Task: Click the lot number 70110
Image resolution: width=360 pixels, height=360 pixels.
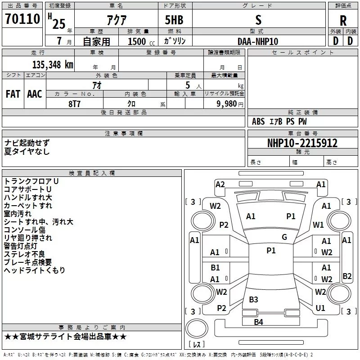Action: (x=22, y=19)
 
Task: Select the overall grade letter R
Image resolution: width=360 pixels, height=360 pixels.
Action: (x=343, y=21)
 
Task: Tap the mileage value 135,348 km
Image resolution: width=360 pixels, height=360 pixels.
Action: (x=53, y=65)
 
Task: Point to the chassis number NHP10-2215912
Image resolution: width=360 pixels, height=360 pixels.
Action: (x=302, y=143)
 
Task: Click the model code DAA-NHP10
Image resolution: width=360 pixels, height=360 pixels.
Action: (x=258, y=41)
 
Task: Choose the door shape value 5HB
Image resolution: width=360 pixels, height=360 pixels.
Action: (x=174, y=20)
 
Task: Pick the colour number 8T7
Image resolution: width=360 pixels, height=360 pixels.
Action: (x=74, y=104)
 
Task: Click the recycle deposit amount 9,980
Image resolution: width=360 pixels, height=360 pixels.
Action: (x=227, y=104)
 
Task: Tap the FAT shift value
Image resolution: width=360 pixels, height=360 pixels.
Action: (x=13, y=94)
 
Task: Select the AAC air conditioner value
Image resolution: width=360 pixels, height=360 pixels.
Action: (x=35, y=94)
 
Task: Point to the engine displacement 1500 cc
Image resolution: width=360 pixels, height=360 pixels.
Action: (x=141, y=41)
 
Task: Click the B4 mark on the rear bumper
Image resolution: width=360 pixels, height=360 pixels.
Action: (x=258, y=322)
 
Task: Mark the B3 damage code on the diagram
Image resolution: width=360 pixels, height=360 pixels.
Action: (x=253, y=300)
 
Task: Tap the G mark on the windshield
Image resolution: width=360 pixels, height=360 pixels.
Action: (x=284, y=237)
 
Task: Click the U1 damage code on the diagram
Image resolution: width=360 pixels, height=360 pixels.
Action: (x=320, y=308)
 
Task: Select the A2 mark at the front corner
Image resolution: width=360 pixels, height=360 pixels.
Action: (x=220, y=184)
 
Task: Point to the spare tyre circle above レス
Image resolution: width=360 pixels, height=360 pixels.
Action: (x=197, y=328)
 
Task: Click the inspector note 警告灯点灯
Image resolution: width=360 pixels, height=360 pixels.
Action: (x=20, y=246)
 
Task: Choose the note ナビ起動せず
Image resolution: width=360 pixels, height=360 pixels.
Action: (x=27, y=143)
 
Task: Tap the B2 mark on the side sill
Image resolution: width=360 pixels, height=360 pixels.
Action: (x=347, y=276)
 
